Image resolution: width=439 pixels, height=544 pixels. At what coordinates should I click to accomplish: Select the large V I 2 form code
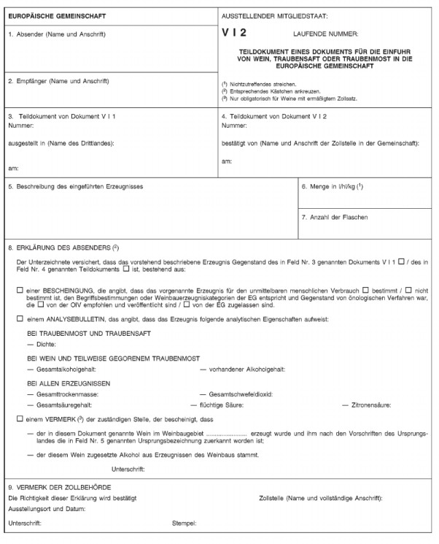236,34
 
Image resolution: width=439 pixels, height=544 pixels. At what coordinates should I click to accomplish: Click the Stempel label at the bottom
184,523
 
